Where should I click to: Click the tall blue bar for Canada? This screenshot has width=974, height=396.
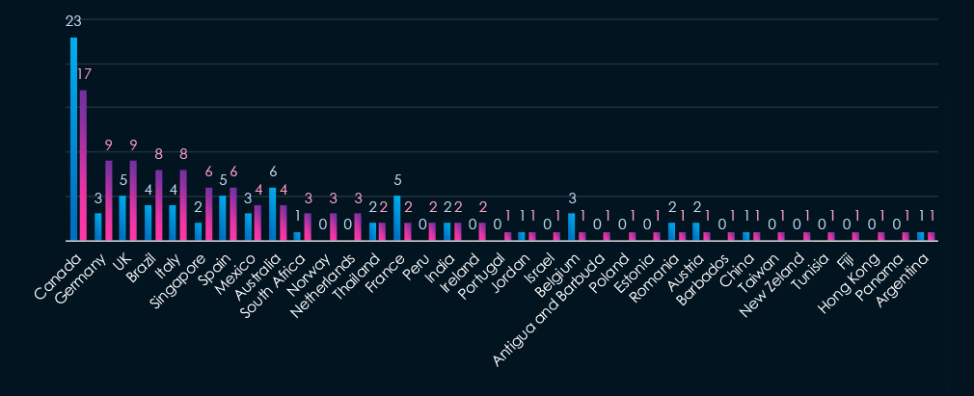(73, 139)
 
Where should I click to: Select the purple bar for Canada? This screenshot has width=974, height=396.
(84, 165)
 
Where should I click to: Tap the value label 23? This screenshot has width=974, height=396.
(73, 21)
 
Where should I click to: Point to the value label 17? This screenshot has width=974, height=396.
(85, 74)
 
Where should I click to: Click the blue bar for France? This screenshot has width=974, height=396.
(396, 218)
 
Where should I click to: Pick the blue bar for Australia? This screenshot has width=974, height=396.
(272, 213)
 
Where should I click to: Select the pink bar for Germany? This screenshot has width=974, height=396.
(109, 200)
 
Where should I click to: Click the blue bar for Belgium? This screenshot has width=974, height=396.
(572, 226)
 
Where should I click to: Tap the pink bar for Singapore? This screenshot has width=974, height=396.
(208, 213)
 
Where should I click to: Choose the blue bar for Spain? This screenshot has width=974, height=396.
(222, 218)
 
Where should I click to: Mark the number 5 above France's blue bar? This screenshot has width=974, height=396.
(397, 179)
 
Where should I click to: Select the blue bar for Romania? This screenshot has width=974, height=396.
(671, 231)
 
